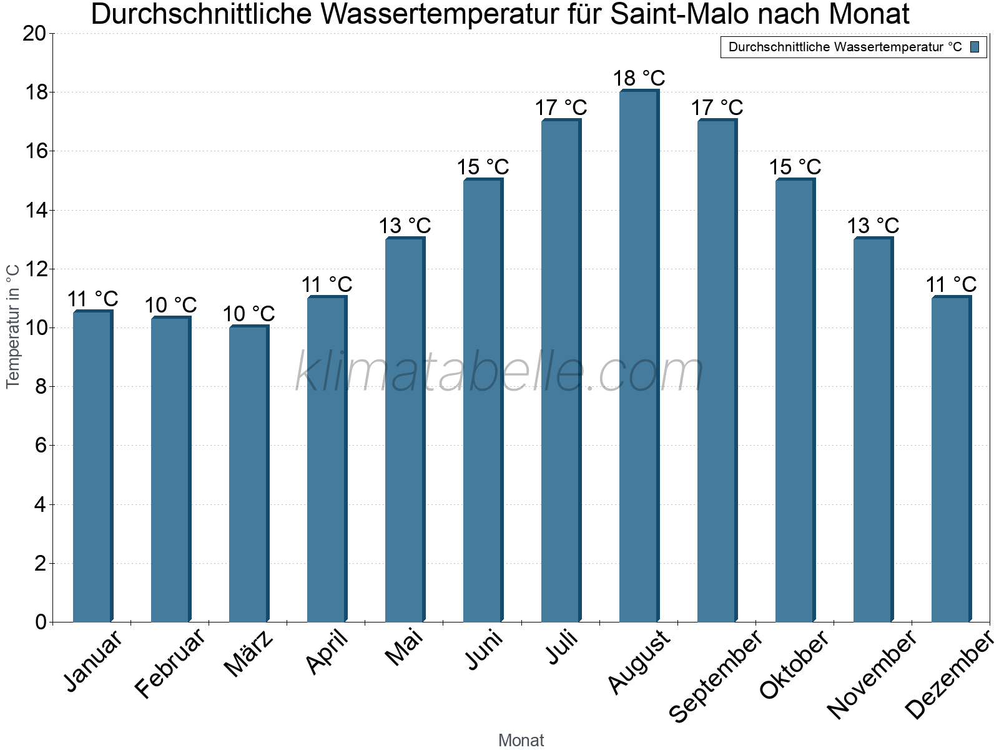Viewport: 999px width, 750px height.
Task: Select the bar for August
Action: (638, 356)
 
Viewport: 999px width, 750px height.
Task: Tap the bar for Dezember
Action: (950, 459)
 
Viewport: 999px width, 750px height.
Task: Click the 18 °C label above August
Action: (639, 79)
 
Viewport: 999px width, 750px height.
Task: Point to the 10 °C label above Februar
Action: (170, 306)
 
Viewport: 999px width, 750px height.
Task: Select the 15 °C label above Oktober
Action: (795, 167)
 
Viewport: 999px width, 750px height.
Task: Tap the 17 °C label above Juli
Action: (561, 108)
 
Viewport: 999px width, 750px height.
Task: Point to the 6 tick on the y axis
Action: (41, 446)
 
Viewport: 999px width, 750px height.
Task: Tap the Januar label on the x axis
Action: (94, 661)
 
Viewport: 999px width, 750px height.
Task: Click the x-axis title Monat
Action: (521, 741)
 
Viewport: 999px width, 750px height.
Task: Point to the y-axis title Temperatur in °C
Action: (13, 326)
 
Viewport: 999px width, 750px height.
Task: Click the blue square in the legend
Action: (975, 47)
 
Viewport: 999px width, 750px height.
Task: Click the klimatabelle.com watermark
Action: (499, 372)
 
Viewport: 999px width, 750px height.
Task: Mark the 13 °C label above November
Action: (873, 226)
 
